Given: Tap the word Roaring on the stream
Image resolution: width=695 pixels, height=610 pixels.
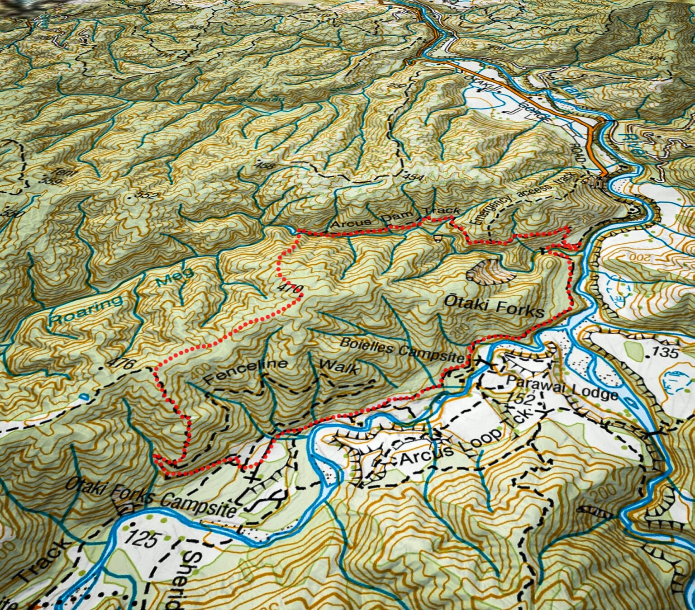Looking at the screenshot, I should (86, 309).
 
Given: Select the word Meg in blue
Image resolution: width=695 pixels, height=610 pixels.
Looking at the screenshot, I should (175, 277).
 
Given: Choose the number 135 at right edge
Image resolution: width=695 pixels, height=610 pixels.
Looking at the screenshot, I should (666, 352).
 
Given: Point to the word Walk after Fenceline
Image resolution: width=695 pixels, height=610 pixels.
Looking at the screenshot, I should (339, 367).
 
